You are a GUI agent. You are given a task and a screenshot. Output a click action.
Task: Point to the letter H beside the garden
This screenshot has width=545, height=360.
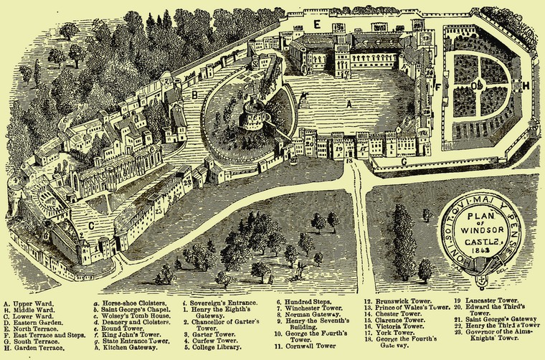(x=526, y=86)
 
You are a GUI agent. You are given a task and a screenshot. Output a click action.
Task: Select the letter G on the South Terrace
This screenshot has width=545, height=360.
(x=404, y=162)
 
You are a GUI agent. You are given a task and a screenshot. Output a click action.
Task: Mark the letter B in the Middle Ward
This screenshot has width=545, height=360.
(x=194, y=93)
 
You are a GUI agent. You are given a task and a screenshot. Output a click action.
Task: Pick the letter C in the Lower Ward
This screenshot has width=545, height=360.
(x=91, y=224)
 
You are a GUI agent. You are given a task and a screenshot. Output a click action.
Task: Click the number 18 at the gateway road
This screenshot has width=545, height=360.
(x=349, y=161)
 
